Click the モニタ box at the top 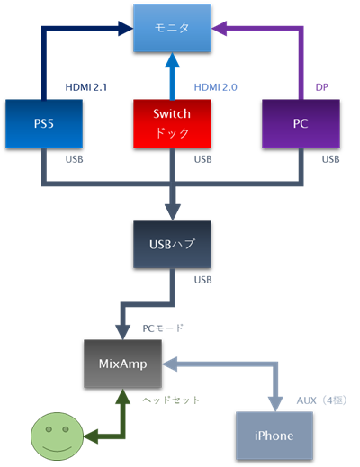point(172,29)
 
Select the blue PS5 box point(43,123)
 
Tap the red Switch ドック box point(172,123)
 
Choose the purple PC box point(301,123)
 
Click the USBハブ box point(172,243)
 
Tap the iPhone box point(275,435)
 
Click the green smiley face point(56,436)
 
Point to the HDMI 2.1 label point(86,86)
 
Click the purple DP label point(321,86)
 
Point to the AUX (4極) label point(320,399)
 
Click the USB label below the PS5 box point(76,159)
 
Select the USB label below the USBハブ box point(203,280)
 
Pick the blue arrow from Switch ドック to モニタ point(172,76)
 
